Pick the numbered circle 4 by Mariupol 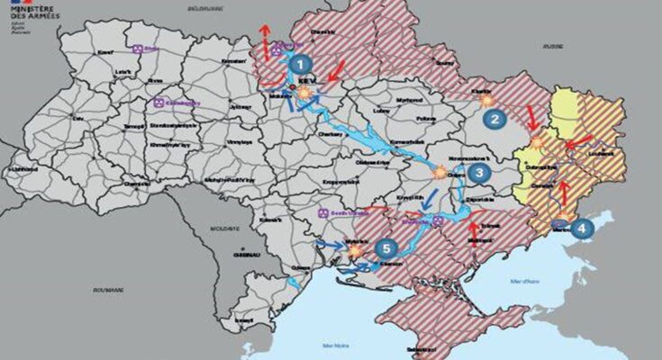582,229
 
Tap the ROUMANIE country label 105,291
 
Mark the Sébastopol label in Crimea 424,349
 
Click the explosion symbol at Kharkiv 487,101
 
